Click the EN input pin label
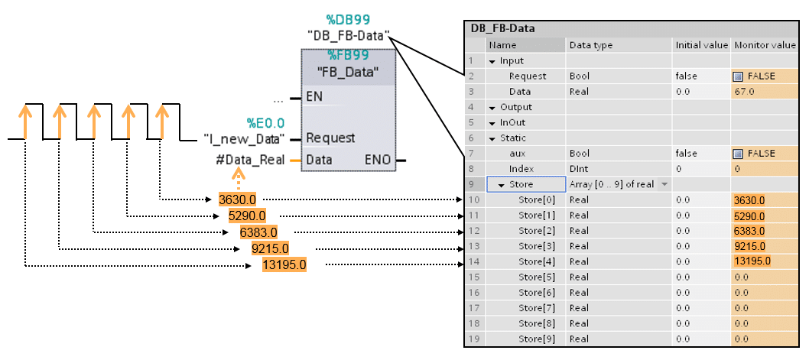pyautogui.click(x=314, y=97)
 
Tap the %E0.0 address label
pyautogui.click(x=265, y=122)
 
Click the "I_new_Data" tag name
pyautogui.click(x=244, y=138)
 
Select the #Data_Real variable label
pyautogui.click(x=251, y=160)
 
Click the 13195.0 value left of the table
pyautogui.click(x=284, y=264)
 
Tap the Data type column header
pyautogui.click(x=591, y=45)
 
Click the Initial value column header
pyautogui.click(x=701, y=45)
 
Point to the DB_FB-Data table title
pyautogui.click(x=502, y=29)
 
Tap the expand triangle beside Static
pyautogui.click(x=493, y=138)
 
